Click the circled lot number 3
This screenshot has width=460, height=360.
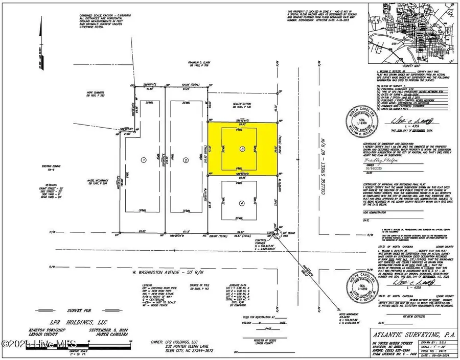[x=242, y=149]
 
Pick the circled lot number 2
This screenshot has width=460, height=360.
[x=186, y=159]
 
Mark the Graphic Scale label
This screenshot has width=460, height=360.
[x=51, y=351]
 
